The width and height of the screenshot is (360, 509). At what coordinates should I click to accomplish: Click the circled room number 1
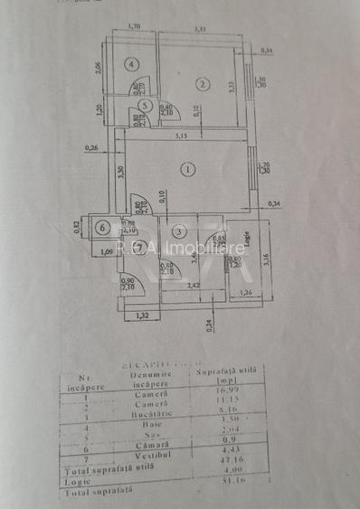click(x=187, y=168)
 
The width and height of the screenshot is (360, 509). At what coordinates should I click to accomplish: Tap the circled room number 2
click(x=203, y=85)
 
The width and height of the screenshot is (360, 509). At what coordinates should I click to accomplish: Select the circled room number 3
click(x=180, y=232)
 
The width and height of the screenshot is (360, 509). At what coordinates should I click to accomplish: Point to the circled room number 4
click(x=132, y=64)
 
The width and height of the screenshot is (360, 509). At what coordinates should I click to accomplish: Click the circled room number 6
click(x=103, y=227)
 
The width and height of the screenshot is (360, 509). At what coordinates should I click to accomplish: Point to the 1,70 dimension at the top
click(x=134, y=27)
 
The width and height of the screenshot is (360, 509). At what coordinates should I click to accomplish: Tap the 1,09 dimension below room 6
click(x=106, y=251)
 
